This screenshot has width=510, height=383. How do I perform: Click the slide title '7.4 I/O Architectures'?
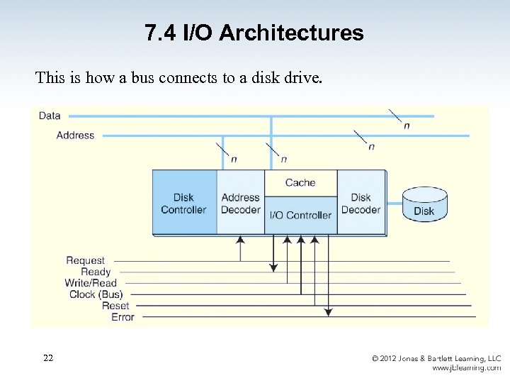(254, 33)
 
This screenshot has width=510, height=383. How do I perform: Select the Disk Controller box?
(183, 203)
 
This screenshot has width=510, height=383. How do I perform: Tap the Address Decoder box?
(241, 203)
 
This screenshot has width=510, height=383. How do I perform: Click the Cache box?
(300, 182)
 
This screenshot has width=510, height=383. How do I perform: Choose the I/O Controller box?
(300, 216)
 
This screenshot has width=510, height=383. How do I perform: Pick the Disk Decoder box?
(361, 203)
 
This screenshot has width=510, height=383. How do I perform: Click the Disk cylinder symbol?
(424, 204)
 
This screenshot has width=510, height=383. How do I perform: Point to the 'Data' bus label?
(50, 116)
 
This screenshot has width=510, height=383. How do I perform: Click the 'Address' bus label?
(75, 135)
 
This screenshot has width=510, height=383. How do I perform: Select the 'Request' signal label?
(85, 260)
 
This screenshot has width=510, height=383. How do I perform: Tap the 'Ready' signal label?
(96, 272)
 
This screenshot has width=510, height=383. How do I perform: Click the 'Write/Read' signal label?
(91, 283)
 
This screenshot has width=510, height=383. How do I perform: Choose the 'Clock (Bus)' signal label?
(96, 294)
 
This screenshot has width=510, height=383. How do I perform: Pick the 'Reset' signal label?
(115, 306)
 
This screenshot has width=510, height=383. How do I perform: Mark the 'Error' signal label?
(123, 317)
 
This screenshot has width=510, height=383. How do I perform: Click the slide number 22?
(47, 358)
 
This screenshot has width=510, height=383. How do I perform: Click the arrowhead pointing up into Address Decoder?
(240, 240)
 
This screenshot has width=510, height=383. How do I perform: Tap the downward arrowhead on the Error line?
(328, 312)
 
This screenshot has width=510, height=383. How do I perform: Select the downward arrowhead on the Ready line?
(273, 267)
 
